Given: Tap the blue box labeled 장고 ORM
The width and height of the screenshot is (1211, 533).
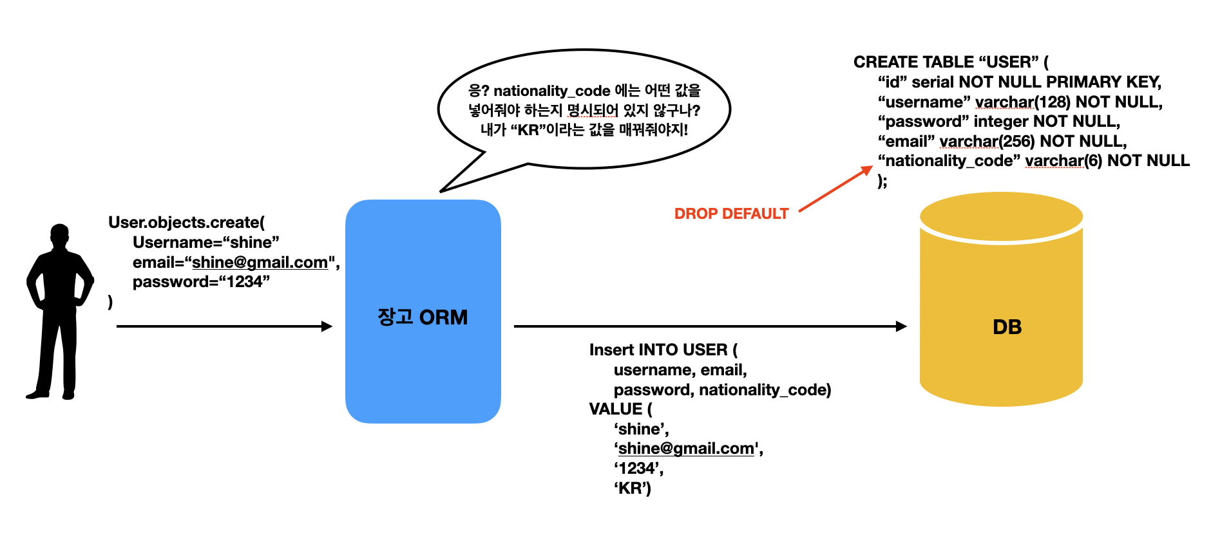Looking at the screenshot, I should (423, 312).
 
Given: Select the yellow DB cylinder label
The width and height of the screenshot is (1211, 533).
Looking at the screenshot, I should (1007, 327).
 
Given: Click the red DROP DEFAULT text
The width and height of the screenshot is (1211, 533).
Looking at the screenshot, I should (731, 214).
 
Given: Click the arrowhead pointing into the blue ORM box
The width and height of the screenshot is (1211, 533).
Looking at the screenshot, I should (327, 326).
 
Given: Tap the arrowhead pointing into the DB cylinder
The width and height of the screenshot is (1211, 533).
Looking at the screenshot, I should (901, 326).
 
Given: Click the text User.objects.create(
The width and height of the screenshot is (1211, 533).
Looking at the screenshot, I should (186, 223).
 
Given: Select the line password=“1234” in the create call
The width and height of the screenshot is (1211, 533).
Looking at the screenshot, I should (201, 282).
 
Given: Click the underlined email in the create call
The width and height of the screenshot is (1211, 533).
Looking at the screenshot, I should (260, 263).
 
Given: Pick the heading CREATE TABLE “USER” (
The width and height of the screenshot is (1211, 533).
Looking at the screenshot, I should (951, 62).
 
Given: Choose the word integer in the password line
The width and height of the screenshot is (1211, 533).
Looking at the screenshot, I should (1001, 122).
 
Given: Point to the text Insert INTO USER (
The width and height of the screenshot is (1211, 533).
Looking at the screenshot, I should (663, 350).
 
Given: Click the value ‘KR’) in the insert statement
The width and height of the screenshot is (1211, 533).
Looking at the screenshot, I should (632, 489).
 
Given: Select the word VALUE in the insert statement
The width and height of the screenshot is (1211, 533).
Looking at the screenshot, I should (616, 409).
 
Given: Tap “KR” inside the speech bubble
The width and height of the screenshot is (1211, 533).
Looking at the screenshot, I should (528, 130).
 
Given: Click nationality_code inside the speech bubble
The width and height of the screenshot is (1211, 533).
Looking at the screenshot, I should (551, 91).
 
